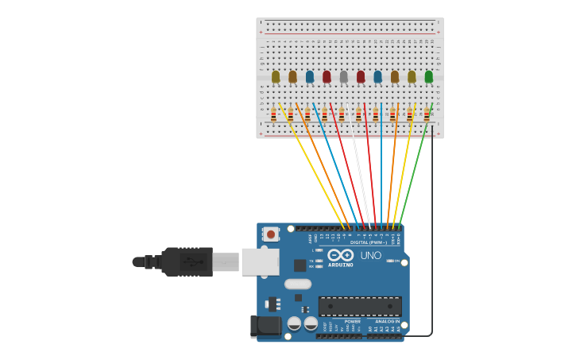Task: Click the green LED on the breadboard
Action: tap(429, 76)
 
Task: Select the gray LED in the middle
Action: tap(343, 76)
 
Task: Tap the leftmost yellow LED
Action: tap(276, 76)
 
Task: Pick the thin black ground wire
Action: tap(432, 238)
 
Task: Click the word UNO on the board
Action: tap(371, 256)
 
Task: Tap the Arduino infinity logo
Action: tap(340, 255)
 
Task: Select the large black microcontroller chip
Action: tap(360, 306)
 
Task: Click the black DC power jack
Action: tap(265, 327)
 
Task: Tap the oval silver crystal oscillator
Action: tap(297, 284)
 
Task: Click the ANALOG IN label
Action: tap(388, 321)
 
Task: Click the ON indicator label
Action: tap(396, 261)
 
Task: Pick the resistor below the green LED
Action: tap(427, 114)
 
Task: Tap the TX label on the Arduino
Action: tap(311, 261)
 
